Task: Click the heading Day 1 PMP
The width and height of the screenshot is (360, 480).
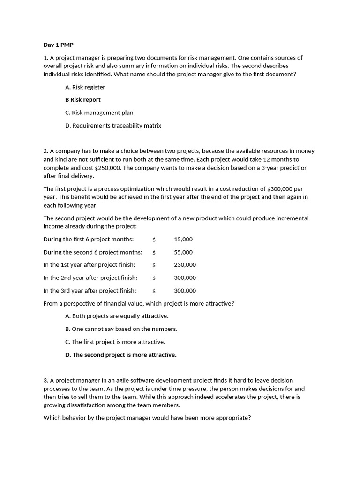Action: [59, 45]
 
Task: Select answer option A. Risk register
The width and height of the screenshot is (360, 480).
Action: [85, 87]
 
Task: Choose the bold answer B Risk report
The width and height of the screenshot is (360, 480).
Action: [83, 100]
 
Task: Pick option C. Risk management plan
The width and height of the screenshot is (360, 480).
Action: [99, 112]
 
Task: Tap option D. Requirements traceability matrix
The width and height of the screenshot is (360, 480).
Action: [113, 126]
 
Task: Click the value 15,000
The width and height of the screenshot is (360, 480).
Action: [183, 239]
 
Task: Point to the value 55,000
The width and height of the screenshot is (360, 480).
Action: [183, 252]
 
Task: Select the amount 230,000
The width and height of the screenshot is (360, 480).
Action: [185, 265]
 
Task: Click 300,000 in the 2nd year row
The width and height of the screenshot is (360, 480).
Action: [185, 277]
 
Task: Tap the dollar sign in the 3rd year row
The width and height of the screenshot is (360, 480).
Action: [154, 291]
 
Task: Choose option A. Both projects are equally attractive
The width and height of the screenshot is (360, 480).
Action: [117, 316]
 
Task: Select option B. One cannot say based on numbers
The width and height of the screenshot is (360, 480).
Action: [121, 329]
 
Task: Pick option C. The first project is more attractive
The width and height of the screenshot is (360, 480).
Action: [115, 342]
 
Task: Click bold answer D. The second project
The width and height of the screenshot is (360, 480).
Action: [121, 355]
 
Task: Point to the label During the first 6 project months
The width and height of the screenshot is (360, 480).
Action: [89, 239]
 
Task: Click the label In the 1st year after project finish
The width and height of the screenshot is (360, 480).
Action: [89, 265]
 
